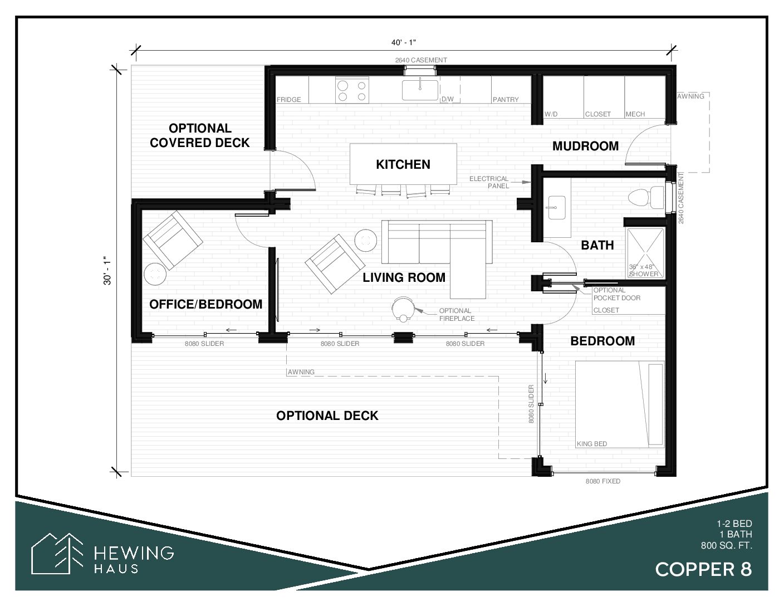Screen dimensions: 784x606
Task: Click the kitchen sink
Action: coord(420,90)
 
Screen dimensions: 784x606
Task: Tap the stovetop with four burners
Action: coord(352,91)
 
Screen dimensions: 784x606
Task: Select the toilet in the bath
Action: coord(646,197)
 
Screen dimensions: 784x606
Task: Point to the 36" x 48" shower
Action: coord(645,253)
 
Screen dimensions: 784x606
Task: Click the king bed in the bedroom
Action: coord(620,404)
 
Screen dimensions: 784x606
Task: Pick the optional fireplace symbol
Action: coord(403,309)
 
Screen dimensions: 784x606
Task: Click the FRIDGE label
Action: coord(288,100)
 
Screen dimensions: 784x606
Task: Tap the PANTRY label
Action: coord(506,100)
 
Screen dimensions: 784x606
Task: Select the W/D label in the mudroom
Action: coord(551,114)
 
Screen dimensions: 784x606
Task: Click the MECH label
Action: coord(635,114)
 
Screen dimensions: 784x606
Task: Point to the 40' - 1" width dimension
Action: coord(404,42)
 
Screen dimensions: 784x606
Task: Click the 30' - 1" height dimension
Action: coord(107,271)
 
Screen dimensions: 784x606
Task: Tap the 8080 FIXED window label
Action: coord(603,481)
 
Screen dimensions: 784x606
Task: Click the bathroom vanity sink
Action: coord(557,208)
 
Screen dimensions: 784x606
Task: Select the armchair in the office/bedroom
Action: coord(173,241)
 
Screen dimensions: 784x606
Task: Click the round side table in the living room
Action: coord(365,241)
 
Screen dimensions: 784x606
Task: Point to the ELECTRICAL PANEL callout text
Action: coord(489,182)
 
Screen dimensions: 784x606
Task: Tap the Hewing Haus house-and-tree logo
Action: coord(57,553)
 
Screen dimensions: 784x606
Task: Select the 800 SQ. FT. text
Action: coord(727,546)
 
